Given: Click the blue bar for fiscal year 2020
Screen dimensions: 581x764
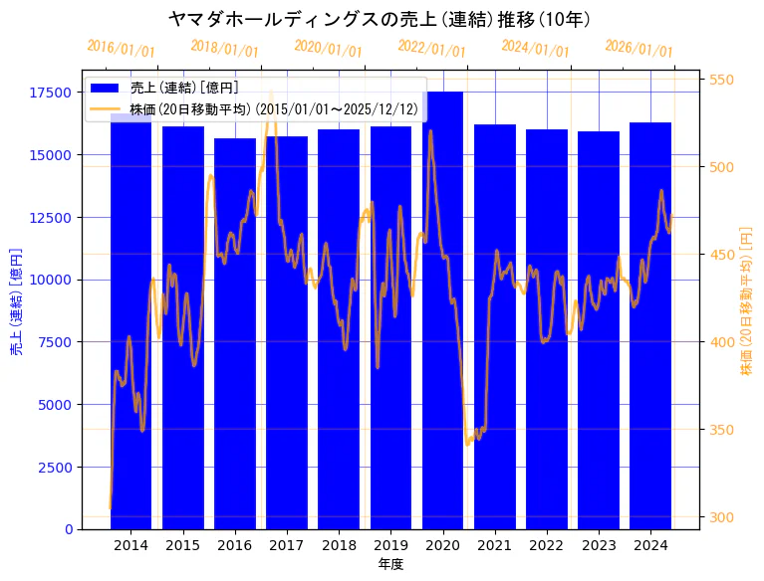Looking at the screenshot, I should (442, 318).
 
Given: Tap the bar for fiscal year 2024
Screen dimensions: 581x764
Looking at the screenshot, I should (650, 328).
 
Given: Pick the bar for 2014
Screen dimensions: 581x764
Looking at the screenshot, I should (130, 328).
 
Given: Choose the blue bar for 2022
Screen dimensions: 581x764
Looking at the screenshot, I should (547, 333).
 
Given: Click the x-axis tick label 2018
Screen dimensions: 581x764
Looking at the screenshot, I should (339, 545).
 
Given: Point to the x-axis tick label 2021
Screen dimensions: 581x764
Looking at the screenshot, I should (495, 545).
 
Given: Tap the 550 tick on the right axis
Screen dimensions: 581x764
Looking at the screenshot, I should (722, 80).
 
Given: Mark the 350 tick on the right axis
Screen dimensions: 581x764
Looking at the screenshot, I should (722, 430).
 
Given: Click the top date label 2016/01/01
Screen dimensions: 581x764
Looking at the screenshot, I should (122, 49).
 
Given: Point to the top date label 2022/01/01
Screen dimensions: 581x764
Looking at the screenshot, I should (431, 49).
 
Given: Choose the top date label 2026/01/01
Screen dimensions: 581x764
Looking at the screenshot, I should (638, 49).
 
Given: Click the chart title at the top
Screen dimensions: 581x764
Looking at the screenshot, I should (381, 19).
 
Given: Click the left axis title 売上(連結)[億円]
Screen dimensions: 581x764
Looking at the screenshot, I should (16, 300).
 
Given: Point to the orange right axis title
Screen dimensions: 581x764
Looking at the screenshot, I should (746, 300).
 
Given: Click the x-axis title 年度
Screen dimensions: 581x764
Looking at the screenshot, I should (390, 564).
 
